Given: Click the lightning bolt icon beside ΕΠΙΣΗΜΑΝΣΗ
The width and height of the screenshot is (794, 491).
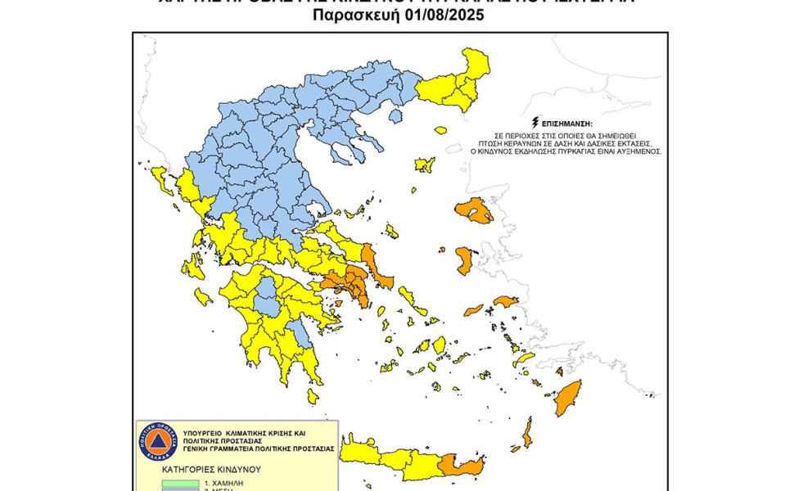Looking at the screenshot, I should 536,121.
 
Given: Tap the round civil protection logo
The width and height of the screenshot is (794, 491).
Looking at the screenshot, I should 157,442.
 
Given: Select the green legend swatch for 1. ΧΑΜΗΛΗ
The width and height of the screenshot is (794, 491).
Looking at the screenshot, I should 168,483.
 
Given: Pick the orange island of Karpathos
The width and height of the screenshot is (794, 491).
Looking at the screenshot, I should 527,431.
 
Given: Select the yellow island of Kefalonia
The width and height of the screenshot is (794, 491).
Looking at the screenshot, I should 197,266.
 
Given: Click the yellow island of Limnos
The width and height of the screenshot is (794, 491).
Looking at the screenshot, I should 424,165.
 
